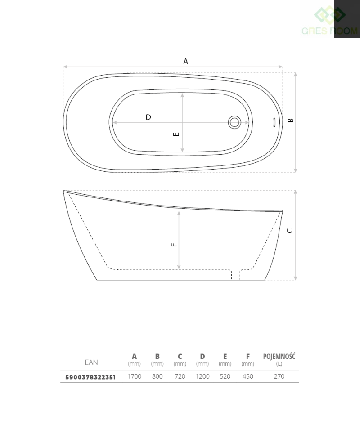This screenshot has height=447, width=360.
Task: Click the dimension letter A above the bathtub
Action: click(186, 61)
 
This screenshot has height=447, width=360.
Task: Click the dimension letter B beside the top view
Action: click(291, 121)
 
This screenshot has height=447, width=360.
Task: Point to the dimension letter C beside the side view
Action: click(290, 231)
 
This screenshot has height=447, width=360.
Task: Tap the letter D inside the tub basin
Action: click(148, 117)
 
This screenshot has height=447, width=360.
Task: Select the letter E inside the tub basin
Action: click(176, 134)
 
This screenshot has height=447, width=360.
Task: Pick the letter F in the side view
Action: click(174, 245)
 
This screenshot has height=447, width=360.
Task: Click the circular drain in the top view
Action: click(234, 122)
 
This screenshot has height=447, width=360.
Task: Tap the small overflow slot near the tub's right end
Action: click(274, 122)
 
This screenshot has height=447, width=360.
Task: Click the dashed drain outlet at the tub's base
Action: click(236, 274)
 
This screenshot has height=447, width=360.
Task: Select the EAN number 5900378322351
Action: click(91, 377)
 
